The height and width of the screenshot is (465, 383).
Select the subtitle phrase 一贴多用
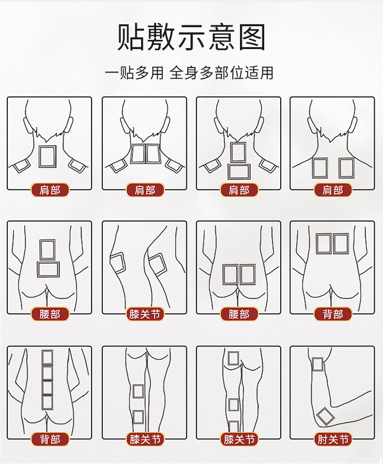click(x=134, y=73)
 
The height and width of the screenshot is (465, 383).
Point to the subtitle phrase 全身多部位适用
click(x=222, y=73)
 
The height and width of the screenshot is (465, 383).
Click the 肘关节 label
click(x=333, y=439)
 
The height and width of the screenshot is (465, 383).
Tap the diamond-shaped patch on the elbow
click(x=326, y=416)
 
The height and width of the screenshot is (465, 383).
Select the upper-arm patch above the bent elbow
click(x=317, y=364)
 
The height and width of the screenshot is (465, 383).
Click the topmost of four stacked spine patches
click(x=48, y=357)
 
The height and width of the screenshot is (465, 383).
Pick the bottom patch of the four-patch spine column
click(x=48, y=403)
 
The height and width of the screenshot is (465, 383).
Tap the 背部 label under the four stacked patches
click(x=50, y=439)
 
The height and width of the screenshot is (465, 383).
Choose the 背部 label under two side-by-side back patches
click(x=333, y=314)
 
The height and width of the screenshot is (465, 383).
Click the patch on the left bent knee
click(x=118, y=262)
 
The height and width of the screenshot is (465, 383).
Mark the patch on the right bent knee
click(x=157, y=264)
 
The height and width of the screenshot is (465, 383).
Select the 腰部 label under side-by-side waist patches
click(x=239, y=314)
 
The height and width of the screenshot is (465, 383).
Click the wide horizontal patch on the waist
click(x=48, y=269)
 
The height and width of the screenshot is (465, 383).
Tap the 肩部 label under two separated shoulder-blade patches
click(x=333, y=190)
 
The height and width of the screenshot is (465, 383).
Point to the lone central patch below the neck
click(x=48, y=156)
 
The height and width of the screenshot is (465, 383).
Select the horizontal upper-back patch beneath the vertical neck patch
click(x=239, y=172)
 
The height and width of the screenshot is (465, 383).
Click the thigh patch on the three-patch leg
click(x=234, y=359)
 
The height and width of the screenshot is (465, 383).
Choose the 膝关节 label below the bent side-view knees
click(x=145, y=314)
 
